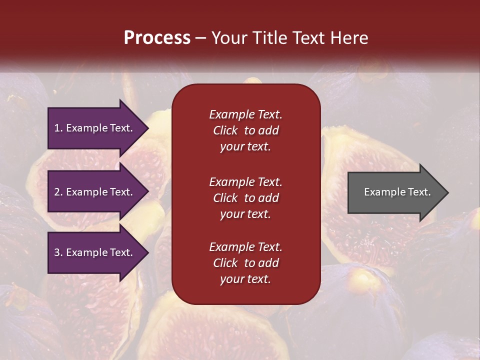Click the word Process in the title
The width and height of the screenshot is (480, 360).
(157, 38)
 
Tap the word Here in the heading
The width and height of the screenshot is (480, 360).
(348, 38)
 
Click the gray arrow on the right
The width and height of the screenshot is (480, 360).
(395, 192)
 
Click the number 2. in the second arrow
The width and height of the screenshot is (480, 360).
(58, 192)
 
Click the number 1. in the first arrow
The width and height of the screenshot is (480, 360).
(58, 128)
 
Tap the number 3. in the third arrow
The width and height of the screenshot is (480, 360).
(58, 252)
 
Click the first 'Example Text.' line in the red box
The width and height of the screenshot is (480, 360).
(245, 114)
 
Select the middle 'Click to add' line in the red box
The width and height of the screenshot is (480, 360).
(245, 198)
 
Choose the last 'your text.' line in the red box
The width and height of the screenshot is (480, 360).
(245, 279)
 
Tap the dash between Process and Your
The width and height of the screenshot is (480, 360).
(201, 38)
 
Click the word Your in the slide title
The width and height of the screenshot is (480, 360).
(229, 38)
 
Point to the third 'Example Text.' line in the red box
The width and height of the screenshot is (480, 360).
(245, 247)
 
